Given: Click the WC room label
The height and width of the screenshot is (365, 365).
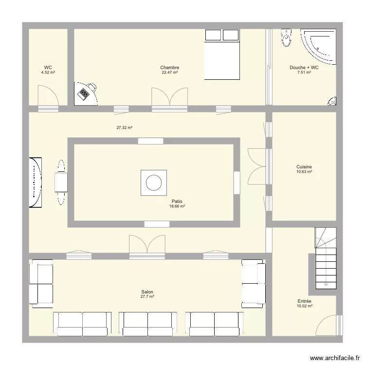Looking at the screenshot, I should click(x=48, y=68).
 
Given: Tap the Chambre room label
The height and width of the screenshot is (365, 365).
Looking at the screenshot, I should click(x=169, y=68).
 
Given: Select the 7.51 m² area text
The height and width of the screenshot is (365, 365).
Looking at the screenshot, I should click(x=304, y=73).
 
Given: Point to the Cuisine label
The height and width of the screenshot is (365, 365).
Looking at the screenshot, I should click(x=304, y=167).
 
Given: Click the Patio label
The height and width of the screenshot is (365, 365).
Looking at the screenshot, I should click(x=177, y=201).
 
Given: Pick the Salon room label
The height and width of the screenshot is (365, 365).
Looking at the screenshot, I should click(x=147, y=292).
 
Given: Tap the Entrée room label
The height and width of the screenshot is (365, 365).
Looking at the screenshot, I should click(x=304, y=301).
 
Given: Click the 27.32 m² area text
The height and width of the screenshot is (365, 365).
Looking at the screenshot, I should click(x=125, y=128).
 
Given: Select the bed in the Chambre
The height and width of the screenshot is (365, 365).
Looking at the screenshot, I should click(x=222, y=55).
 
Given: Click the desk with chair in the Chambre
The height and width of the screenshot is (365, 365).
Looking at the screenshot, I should click(x=86, y=92).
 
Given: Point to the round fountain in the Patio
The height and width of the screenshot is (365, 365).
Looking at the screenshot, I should click(x=154, y=183).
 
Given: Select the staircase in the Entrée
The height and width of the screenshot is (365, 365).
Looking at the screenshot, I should click(x=325, y=258).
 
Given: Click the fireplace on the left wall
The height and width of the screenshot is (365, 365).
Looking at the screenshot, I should click(x=36, y=183).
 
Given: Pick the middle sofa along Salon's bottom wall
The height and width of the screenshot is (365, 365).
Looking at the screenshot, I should click(x=147, y=323).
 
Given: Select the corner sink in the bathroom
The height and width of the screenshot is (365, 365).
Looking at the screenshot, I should click(x=332, y=101).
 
